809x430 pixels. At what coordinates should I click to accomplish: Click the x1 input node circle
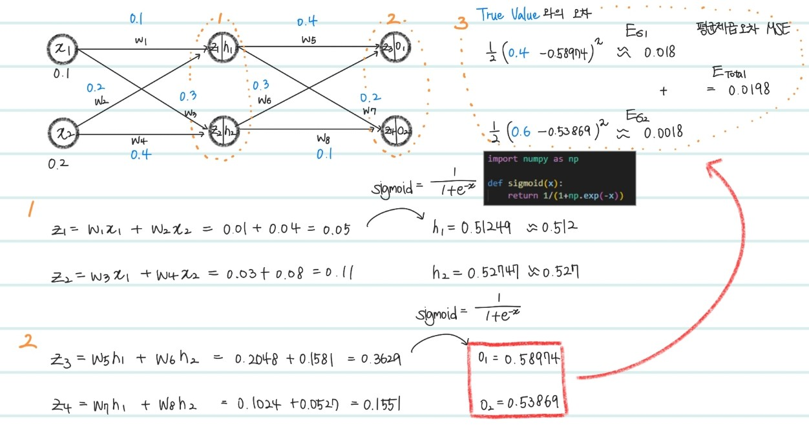(x=63, y=49)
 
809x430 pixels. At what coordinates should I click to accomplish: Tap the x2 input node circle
(x=63, y=134)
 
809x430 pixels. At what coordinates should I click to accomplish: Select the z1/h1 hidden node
(x=222, y=47)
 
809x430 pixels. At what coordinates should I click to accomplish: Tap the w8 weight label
(x=324, y=138)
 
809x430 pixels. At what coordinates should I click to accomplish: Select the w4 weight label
(x=140, y=140)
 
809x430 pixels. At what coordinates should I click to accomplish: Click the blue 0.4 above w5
(x=307, y=21)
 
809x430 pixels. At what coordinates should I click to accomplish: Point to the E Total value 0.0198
(x=749, y=90)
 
